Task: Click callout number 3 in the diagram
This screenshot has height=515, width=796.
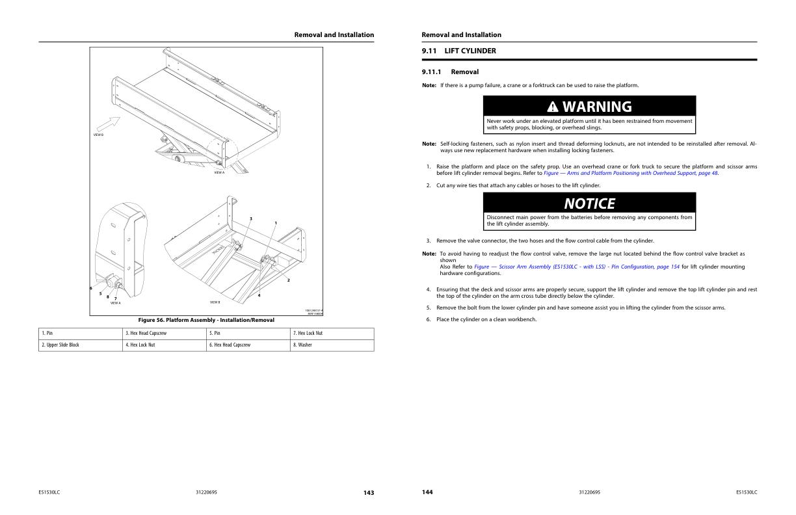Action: click(x=251, y=218)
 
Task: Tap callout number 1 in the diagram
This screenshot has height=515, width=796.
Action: click(x=275, y=223)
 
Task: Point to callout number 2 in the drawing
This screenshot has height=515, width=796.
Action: click(x=288, y=280)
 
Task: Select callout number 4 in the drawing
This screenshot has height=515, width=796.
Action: click(x=259, y=296)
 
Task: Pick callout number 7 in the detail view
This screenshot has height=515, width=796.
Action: click(x=115, y=298)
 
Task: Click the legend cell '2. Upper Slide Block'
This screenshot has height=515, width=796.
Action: click(x=60, y=345)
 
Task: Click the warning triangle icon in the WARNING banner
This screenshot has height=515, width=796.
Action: click(x=552, y=107)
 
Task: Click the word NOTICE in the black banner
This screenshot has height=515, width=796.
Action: click(x=589, y=204)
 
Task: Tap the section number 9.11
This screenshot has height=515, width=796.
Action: click(x=429, y=51)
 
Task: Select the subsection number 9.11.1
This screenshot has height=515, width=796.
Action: click(x=431, y=72)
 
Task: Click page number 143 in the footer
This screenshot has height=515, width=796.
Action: click(x=369, y=492)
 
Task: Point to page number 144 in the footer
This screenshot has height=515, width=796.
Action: click(x=427, y=492)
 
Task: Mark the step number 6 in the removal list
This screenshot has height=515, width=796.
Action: click(x=429, y=319)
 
